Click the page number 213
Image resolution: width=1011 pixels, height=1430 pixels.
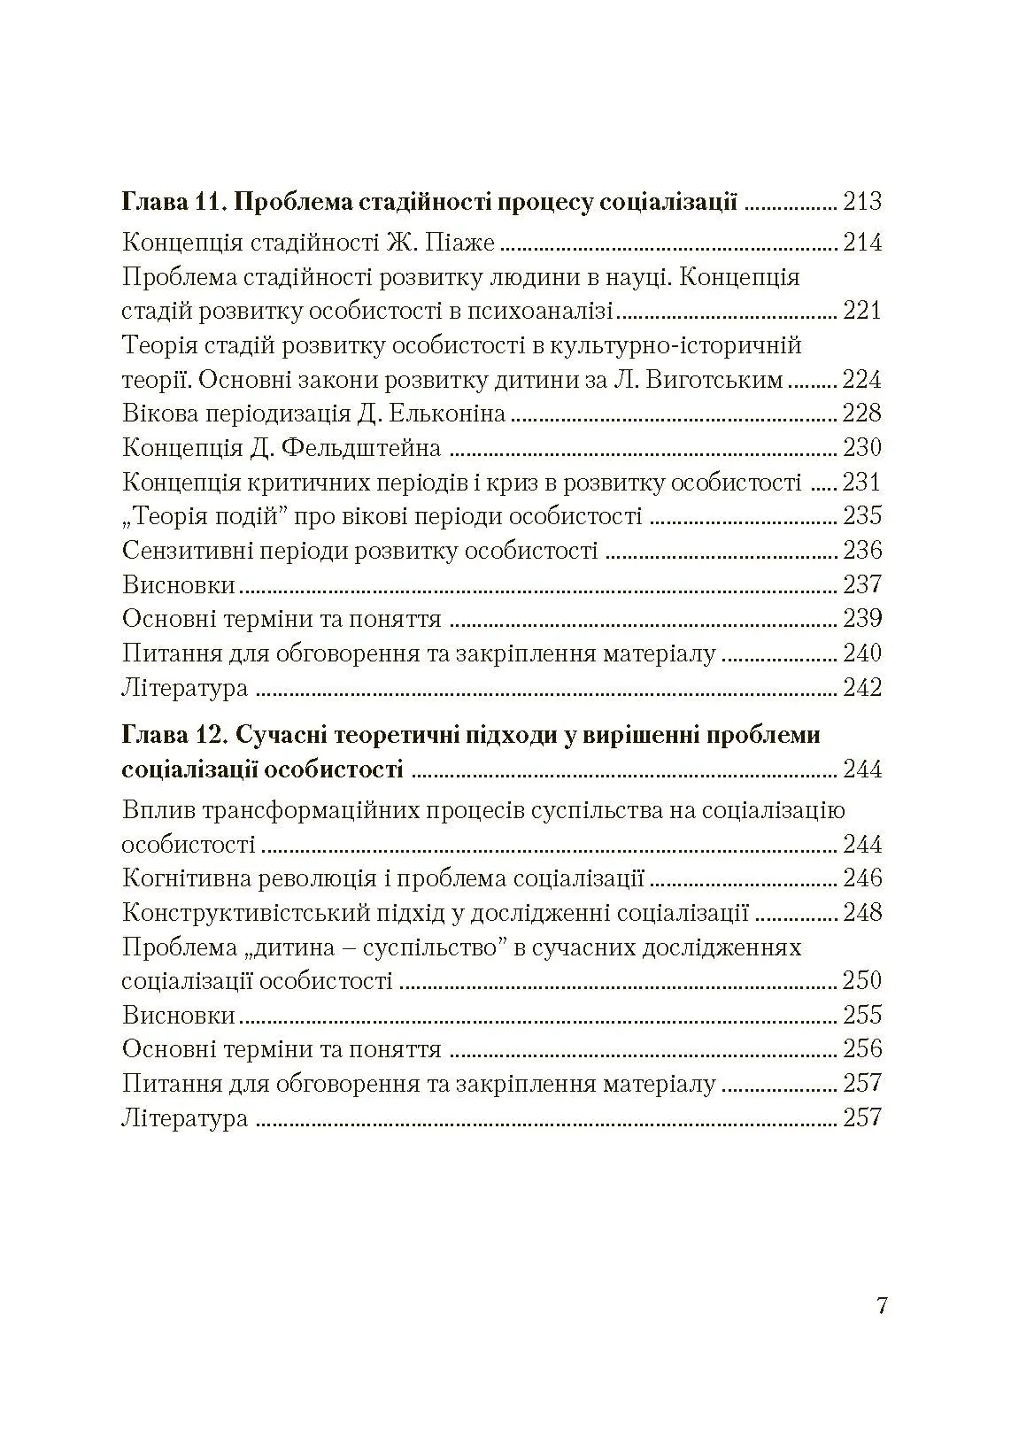click(862, 202)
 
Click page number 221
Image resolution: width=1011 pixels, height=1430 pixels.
click(862, 312)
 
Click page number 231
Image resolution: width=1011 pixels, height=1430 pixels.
click(862, 483)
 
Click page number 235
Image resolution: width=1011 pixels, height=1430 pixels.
click(862, 516)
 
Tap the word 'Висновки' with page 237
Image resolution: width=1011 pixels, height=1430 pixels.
click(179, 585)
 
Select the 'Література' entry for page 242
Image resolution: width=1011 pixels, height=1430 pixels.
click(184, 688)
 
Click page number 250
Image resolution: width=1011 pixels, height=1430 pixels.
click(862, 981)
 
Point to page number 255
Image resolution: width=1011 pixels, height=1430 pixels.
click(862, 1015)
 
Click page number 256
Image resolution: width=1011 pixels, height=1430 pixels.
click(862, 1049)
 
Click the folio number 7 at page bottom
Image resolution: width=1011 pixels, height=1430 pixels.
click(881, 1306)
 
